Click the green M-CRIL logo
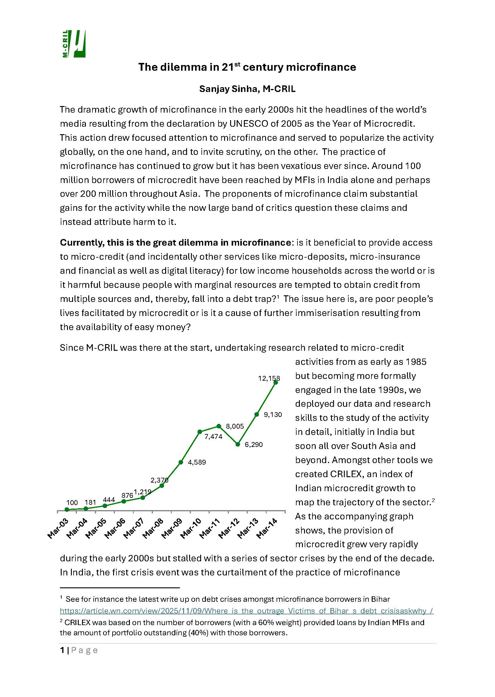[74, 44]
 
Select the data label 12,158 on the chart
[268, 378]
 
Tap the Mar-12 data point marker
[238, 444]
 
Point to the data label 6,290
[253, 444]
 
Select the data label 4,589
[197, 462]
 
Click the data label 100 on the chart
[72, 502]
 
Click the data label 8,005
[235, 426]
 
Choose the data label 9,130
[273, 415]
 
